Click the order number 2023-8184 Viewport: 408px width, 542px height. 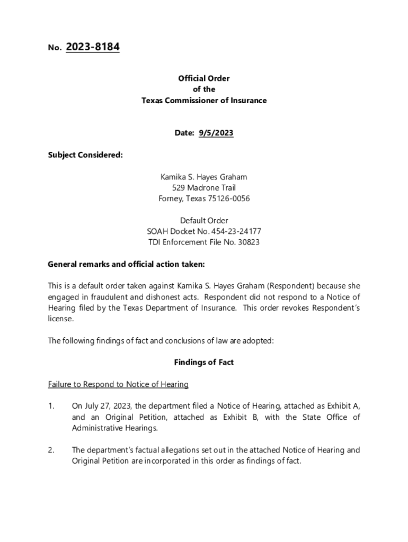(93, 48)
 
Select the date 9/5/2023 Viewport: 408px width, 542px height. (216, 133)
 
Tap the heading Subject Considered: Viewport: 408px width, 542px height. (85, 155)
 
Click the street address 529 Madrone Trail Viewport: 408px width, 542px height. (204, 188)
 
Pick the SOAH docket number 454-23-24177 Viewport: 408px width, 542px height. (236, 232)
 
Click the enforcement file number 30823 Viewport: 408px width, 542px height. (248, 242)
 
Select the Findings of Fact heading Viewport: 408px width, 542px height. (204, 363)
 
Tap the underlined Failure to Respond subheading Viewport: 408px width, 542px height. (118, 384)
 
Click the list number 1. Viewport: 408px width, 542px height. (51, 406)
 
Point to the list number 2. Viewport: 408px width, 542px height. (51, 450)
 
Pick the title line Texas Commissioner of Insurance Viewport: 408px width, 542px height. (204, 101)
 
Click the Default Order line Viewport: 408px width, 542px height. (204, 221)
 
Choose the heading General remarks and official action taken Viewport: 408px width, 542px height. (126, 264)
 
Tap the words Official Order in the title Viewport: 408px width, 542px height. (204, 78)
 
